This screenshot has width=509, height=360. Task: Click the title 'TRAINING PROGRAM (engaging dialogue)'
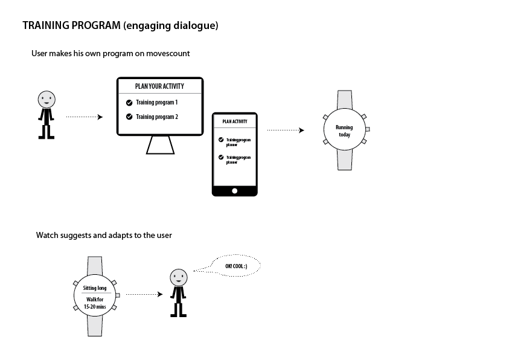[x=120, y=26]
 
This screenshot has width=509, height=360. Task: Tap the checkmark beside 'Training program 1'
[x=129, y=103]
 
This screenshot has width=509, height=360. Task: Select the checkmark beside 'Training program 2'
[x=129, y=117]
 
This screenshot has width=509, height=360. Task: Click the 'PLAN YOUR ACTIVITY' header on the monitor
[x=160, y=86]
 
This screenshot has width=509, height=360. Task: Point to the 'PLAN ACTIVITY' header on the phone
[x=235, y=121]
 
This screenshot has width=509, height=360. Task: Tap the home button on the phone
[x=235, y=191]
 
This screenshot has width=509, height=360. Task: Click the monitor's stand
[x=159, y=145]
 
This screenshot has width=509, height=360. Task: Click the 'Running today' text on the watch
[x=344, y=131]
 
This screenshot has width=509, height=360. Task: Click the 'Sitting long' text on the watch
[x=95, y=288]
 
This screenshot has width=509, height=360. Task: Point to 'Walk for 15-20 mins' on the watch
[x=95, y=303]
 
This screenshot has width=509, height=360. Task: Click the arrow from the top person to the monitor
[x=84, y=117]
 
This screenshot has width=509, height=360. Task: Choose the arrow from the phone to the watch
[x=286, y=130]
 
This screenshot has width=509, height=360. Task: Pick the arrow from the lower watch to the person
[x=144, y=294]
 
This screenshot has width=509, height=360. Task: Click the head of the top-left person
[x=46, y=98]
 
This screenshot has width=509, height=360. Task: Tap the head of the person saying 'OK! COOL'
[x=178, y=277]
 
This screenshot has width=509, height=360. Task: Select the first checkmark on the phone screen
[x=221, y=140]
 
